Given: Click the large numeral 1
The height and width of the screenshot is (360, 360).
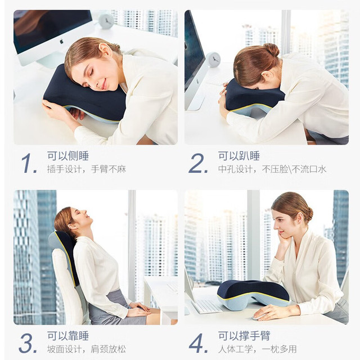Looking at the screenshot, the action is pyautogui.click(x=29, y=163).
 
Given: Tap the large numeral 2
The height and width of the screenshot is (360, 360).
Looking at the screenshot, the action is pyautogui.click(x=197, y=163).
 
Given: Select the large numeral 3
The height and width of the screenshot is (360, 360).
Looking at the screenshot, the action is pyautogui.click(x=28, y=343).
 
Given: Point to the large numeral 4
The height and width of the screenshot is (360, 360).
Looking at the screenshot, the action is pyautogui.click(x=197, y=343).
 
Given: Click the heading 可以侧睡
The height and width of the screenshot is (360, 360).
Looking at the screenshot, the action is pyautogui.click(x=68, y=156).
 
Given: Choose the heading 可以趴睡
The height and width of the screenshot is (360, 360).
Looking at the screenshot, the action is pyautogui.click(x=238, y=156).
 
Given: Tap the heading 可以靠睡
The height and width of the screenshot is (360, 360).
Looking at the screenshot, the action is pyautogui.click(x=68, y=336).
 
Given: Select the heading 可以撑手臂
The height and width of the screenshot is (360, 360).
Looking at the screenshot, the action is pyautogui.click(x=244, y=336).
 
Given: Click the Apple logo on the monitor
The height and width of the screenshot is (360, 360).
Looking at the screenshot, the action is pyautogui.click(x=61, y=42).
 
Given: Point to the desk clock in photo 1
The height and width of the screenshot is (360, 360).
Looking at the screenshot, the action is pyautogui.click(x=106, y=21).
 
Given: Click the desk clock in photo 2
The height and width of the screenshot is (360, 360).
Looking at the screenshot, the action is pyautogui.click(x=213, y=60).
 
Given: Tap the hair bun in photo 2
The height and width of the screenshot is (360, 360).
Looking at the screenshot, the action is pyautogui.click(x=271, y=49).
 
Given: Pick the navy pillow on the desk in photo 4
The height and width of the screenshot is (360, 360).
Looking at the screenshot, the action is pyautogui.click(x=253, y=292).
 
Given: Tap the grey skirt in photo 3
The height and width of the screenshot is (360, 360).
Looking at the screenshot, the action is pyautogui.click(x=113, y=308).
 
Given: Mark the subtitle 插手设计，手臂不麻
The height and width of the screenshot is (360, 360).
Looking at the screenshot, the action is pyautogui.click(x=87, y=169).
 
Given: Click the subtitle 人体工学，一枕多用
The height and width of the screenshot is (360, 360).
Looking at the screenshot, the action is pyautogui.click(x=258, y=349).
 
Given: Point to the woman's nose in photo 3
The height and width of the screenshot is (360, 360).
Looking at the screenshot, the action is pyautogui.click(x=84, y=211).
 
